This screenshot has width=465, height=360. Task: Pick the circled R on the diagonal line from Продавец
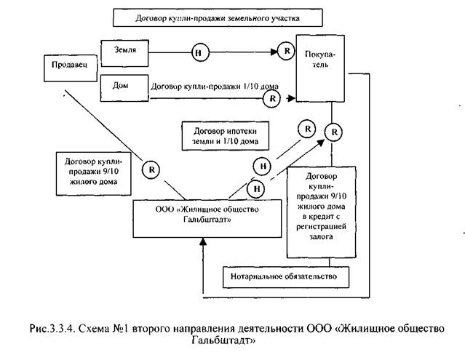coord(152,169)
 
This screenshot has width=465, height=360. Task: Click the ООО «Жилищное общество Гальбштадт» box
coord(206,217)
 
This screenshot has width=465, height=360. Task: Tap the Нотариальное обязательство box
coord(285,277)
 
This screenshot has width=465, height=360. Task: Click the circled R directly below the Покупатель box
coord(334,132)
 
